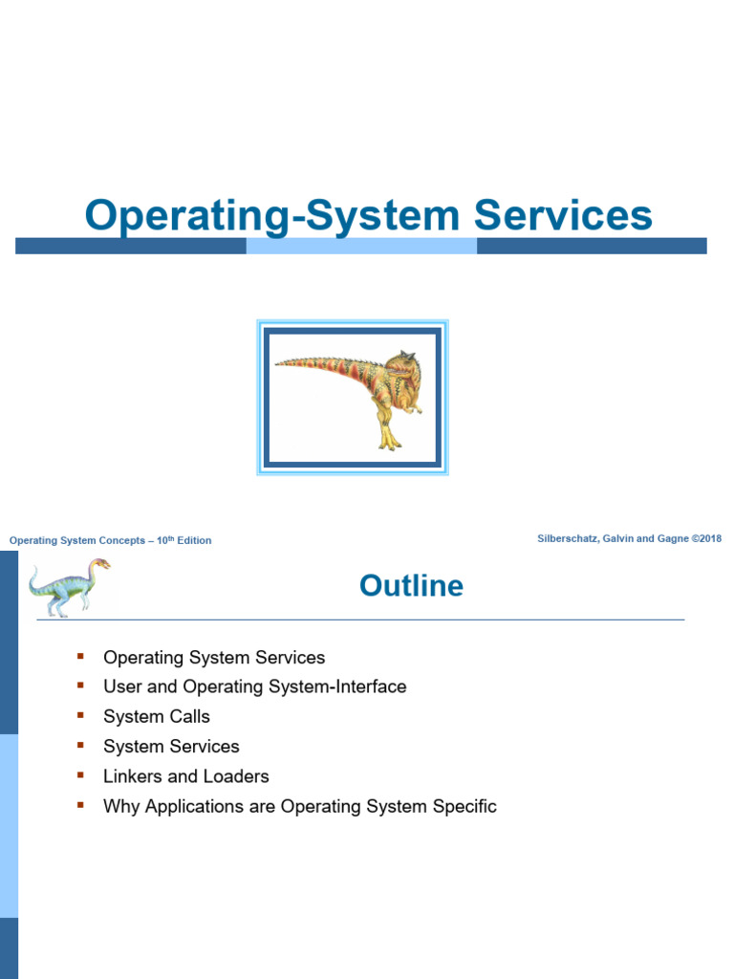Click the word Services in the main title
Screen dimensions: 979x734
(563, 215)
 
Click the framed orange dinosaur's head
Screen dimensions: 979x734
(401, 369)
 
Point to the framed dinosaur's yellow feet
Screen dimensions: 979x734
(389, 441)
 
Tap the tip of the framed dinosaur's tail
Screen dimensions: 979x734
(278, 362)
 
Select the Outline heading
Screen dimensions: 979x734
(411, 585)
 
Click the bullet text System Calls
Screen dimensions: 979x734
(156, 716)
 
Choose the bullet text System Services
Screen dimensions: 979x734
(171, 746)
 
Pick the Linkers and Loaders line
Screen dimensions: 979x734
(185, 776)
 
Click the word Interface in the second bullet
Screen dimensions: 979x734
(372, 686)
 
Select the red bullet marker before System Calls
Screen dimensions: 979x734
(80, 715)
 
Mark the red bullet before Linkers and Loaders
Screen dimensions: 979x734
(80, 775)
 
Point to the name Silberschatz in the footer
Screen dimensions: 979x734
(570, 539)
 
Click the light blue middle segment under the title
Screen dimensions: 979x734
(361, 246)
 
